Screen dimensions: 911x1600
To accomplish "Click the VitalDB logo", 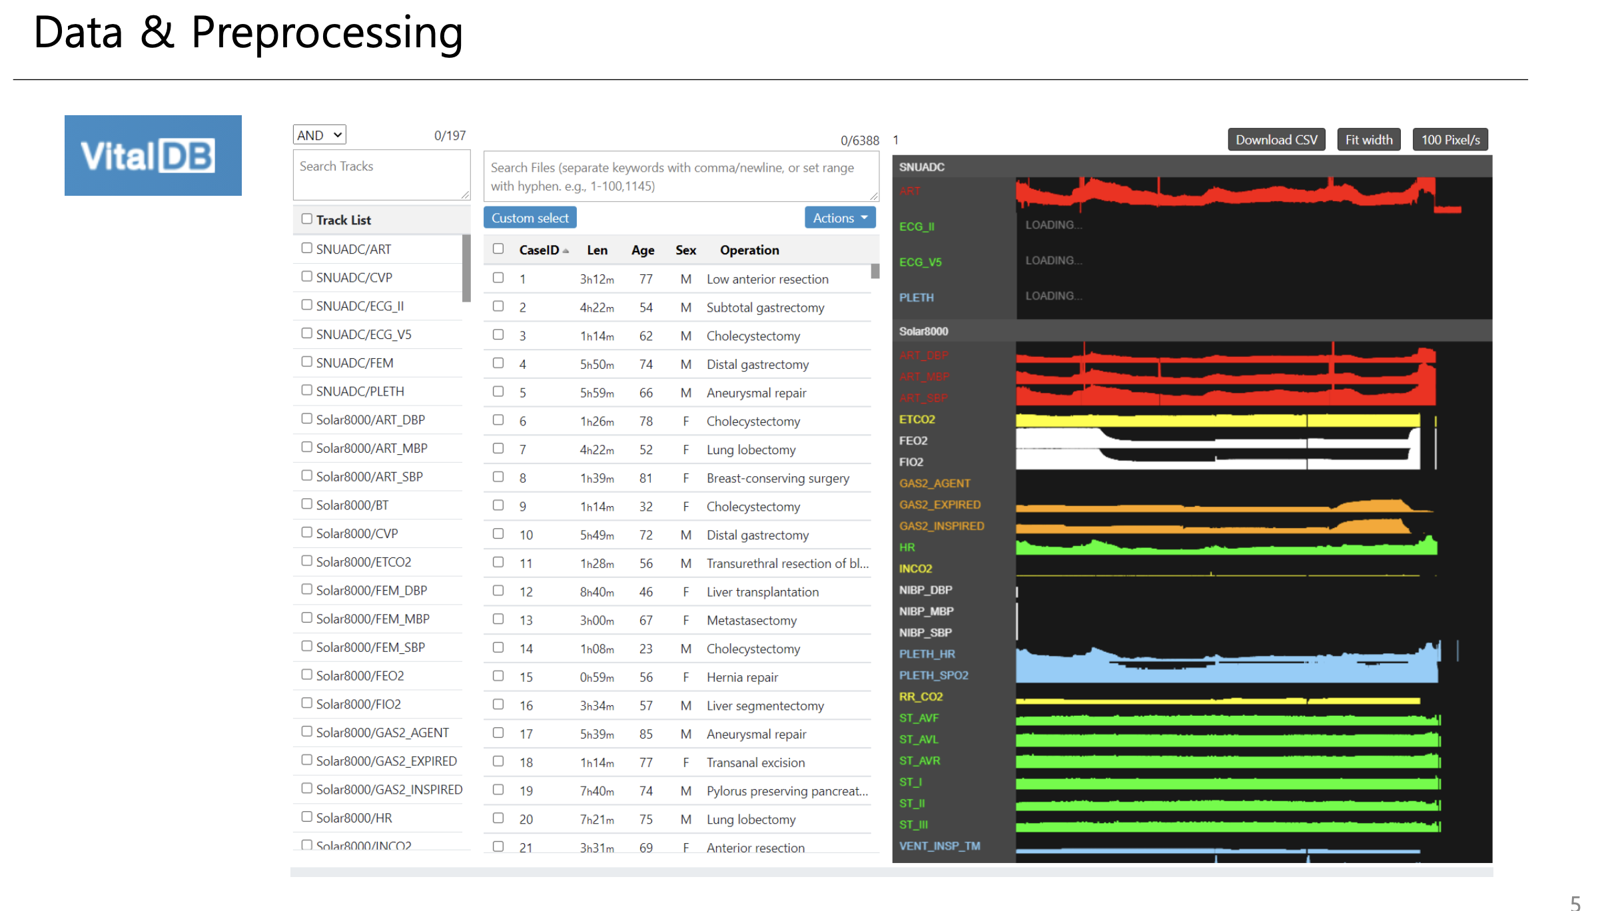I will pyautogui.click(x=153, y=155).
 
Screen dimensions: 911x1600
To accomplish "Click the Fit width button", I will pyautogui.click(x=1368, y=140).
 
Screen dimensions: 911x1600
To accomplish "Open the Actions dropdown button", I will pyautogui.click(x=839, y=218).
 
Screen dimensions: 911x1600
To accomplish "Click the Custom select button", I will pyautogui.click(x=530, y=218).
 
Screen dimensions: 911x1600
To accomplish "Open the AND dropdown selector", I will pyautogui.click(x=319, y=135).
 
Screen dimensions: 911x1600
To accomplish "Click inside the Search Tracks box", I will pyautogui.click(x=381, y=174).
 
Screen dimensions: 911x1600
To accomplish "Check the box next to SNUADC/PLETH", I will pyautogui.click(x=306, y=390).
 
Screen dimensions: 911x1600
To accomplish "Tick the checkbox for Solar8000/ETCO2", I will pyautogui.click(x=306, y=561).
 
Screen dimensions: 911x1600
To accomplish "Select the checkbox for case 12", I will pyautogui.click(x=498, y=591).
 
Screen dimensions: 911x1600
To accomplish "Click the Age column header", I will pyautogui.click(x=642, y=250).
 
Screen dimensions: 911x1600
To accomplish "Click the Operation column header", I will pyautogui.click(x=749, y=250).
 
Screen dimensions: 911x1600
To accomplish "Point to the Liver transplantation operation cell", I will pyautogui.click(x=762, y=592).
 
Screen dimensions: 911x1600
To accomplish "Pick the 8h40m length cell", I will pyautogui.click(x=596, y=592).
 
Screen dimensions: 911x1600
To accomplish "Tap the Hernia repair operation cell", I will pyautogui.click(x=742, y=677).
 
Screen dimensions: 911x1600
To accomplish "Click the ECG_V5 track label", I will pyautogui.click(x=920, y=262).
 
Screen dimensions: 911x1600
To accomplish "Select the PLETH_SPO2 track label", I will pyautogui.click(x=933, y=675).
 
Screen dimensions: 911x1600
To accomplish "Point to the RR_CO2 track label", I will pyautogui.click(x=921, y=697).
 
